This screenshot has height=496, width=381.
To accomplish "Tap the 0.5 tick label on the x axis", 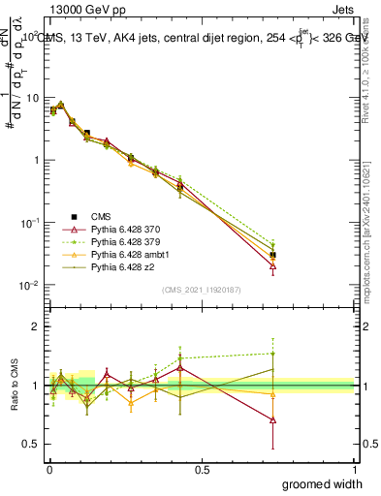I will coord(202,470).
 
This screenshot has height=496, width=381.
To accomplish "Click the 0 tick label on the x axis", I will coord(48,470).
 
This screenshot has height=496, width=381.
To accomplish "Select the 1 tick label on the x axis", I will coord(355,470).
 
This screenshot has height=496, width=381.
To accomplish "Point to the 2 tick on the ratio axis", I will coord(37,327).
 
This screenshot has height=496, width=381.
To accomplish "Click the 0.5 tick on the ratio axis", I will coord(32,444).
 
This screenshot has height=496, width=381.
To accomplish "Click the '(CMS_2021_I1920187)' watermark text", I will coord(202,290).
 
